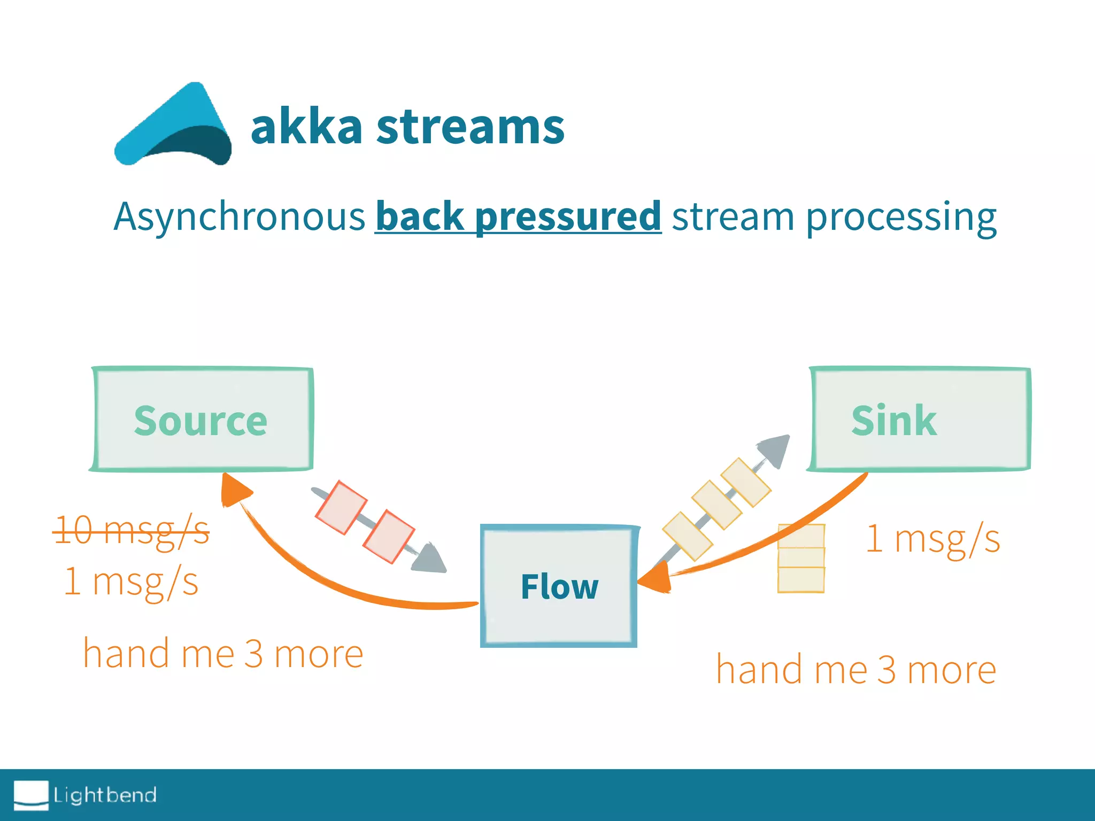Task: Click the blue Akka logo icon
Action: coord(172,126)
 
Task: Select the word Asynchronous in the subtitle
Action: coord(239,216)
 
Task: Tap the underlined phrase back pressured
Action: coord(518,216)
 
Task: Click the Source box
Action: coord(201,420)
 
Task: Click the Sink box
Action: coord(920,420)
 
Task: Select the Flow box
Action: coord(559,586)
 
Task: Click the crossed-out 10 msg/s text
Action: coord(132,531)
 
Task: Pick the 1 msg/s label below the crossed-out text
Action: coord(132,582)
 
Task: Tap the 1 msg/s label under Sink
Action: coord(933,538)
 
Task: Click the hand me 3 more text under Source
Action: coord(223,653)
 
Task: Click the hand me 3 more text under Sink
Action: coord(856,669)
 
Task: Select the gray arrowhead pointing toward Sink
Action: coord(776,449)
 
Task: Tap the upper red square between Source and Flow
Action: coord(341,507)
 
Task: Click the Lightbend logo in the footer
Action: coord(86,795)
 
